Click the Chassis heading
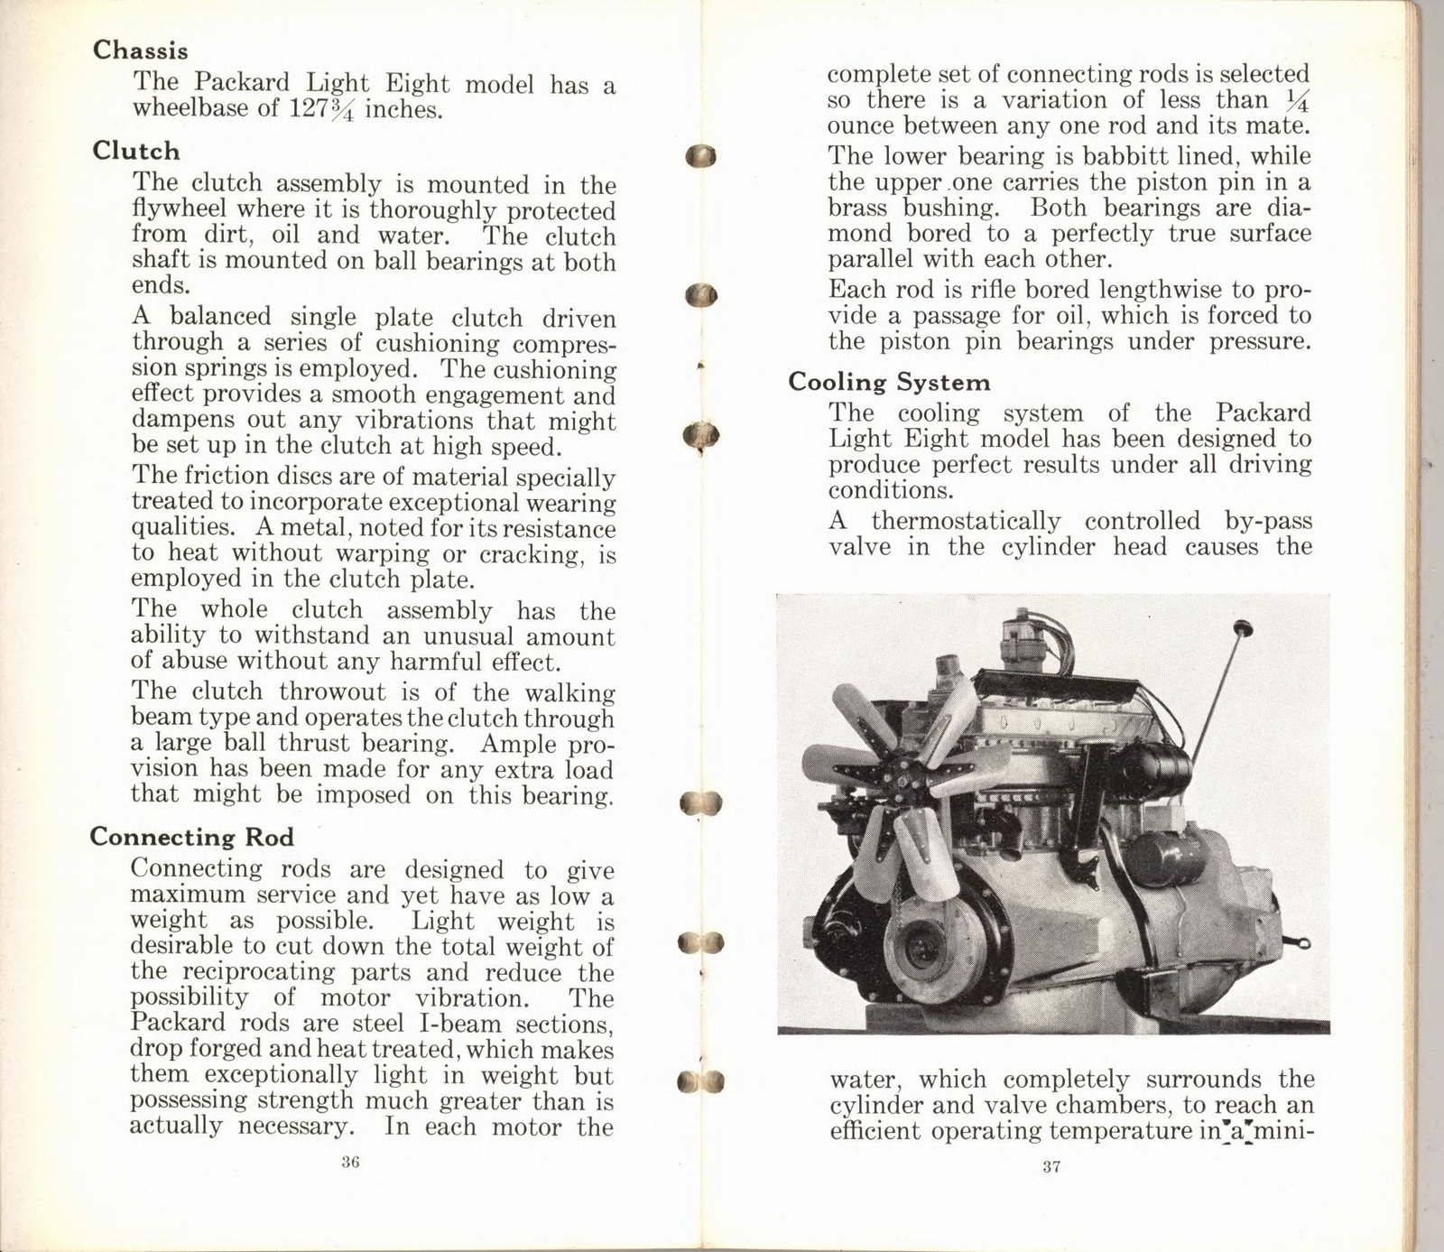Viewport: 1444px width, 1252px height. click(140, 51)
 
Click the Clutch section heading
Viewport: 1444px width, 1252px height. click(135, 151)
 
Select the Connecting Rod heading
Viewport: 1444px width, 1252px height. click(191, 837)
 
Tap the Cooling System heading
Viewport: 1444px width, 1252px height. click(889, 382)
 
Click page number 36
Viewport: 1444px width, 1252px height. click(351, 1162)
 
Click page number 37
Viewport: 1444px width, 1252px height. click(1051, 1167)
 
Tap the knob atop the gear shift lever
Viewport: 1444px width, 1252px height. click(1244, 626)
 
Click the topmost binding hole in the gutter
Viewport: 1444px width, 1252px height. click(700, 156)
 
